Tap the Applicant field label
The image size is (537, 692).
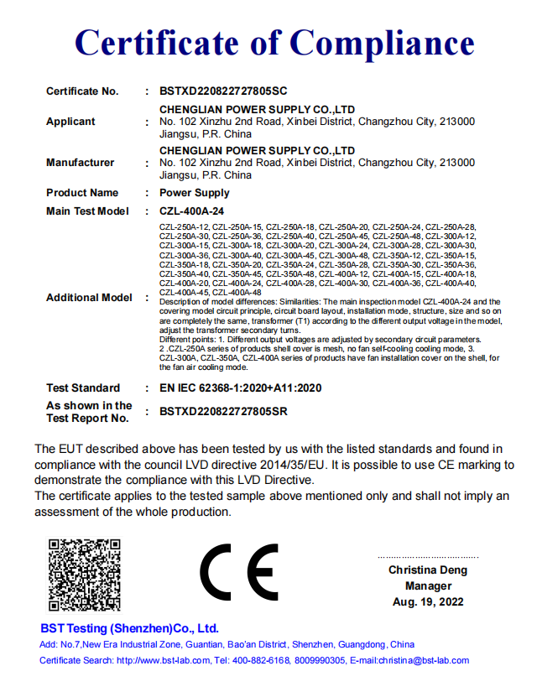tap(70, 122)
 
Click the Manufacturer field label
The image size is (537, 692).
tap(80, 163)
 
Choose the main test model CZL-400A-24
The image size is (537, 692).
tap(192, 211)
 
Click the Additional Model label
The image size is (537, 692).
tap(89, 298)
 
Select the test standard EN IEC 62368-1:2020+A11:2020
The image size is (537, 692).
tap(240, 388)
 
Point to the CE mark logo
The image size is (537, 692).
tap(239, 574)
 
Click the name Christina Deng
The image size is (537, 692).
tap(428, 570)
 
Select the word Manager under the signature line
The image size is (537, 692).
tap(428, 586)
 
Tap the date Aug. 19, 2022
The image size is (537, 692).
tap(428, 602)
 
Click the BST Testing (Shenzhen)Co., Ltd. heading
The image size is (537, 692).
tap(129, 628)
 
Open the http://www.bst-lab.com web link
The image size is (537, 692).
tap(162, 661)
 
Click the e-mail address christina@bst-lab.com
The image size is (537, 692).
tap(420, 661)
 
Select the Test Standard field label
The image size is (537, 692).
tap(83, 388)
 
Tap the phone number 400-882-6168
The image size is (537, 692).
tap(259, 661)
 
